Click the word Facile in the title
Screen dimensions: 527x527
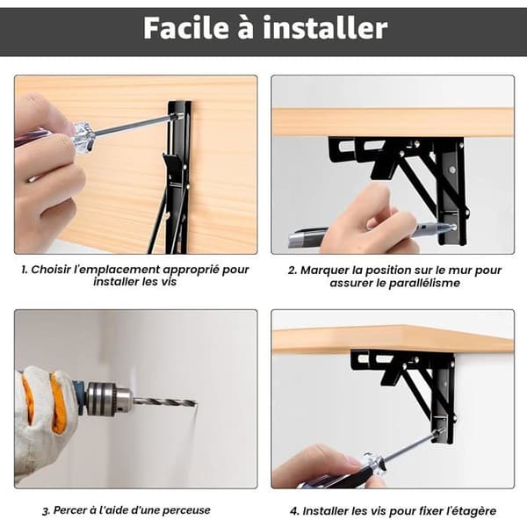[x=186, y=28]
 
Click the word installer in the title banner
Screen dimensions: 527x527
[x=325, y=28]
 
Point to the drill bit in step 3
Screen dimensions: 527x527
[x=165, y=401]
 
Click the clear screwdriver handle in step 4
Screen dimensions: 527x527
[x=374, y=463]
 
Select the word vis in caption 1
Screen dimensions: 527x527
[x=168, y=281]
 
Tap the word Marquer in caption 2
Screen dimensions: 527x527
[x=321, y=271]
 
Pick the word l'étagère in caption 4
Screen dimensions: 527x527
[x=471, y=511]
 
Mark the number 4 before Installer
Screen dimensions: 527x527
[x=293, y=511]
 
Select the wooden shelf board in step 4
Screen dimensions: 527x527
[x=393, y=339]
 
